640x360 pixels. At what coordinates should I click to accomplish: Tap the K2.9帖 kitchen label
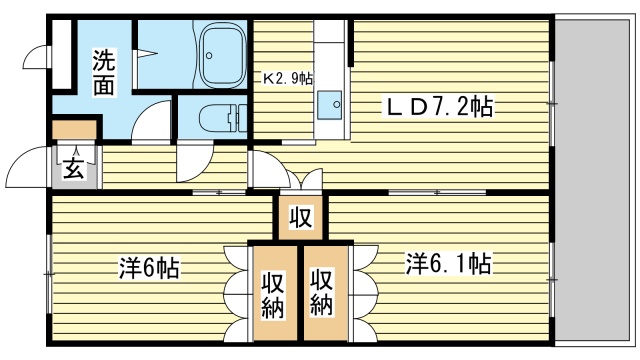[288, 77]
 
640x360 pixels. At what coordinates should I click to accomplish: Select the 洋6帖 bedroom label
[149, 268]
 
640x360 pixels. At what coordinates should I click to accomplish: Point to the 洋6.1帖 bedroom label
[447, 264]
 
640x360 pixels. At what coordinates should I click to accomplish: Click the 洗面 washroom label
[104, 72]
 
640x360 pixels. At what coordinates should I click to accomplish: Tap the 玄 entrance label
[74, 168]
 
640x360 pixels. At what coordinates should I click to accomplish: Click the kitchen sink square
[329, 102]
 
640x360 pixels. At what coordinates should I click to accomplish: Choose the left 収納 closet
[274, 291]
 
